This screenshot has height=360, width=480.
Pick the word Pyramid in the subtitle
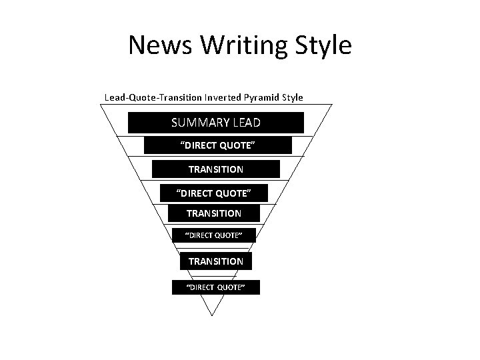click(260, 97)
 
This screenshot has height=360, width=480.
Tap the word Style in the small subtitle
click(292, 97)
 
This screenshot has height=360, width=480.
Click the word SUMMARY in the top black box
click(199, 123)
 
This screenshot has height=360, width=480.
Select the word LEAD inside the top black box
click(247, 123)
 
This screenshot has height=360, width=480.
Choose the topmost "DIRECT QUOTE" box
click(217, 145)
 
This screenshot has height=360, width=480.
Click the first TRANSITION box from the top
click(215, 169)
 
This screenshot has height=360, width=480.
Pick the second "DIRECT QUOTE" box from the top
click(214, 193)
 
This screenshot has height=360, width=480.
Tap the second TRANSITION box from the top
click(213, 213)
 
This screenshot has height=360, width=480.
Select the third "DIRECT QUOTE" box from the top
click(213, 235)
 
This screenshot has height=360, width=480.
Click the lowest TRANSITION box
click(215, 261)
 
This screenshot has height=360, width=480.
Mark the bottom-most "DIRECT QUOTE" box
click(215, 287)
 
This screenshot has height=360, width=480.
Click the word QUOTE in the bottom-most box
click(229, 287)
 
